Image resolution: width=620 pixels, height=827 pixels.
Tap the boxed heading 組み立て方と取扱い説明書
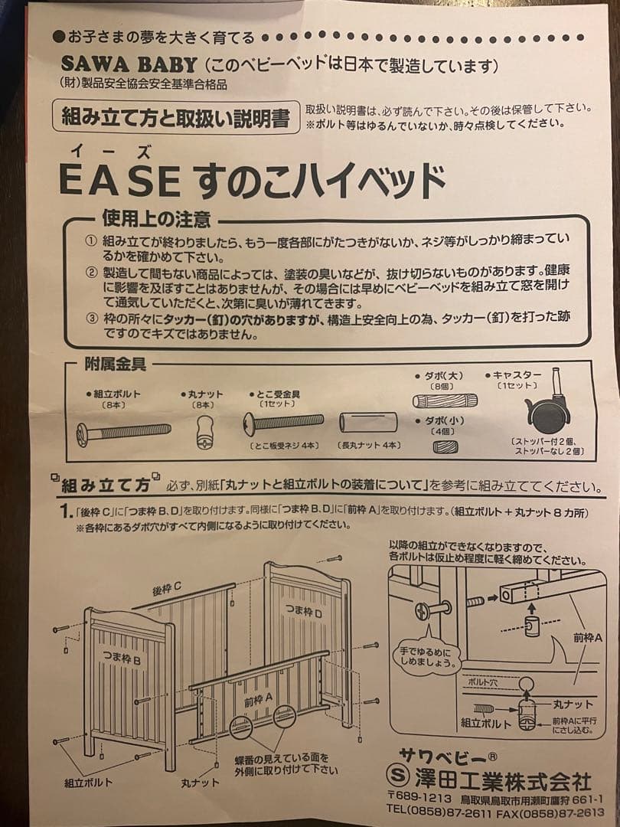click(175, 118)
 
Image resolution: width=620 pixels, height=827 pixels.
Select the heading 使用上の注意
click(156, 221)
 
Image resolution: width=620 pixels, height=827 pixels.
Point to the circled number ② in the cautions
click(91, 273)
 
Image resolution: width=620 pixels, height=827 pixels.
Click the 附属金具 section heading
click(115, 365)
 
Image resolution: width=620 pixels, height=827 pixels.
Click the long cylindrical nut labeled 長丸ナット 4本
click(368, 422)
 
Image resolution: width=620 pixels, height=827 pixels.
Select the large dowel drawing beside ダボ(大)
click(445, 400)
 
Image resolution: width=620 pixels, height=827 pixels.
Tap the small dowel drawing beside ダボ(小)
click(445, 446)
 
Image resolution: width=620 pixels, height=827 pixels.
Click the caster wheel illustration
click(549, 409)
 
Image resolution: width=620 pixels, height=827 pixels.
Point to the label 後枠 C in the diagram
click(166, 588)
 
